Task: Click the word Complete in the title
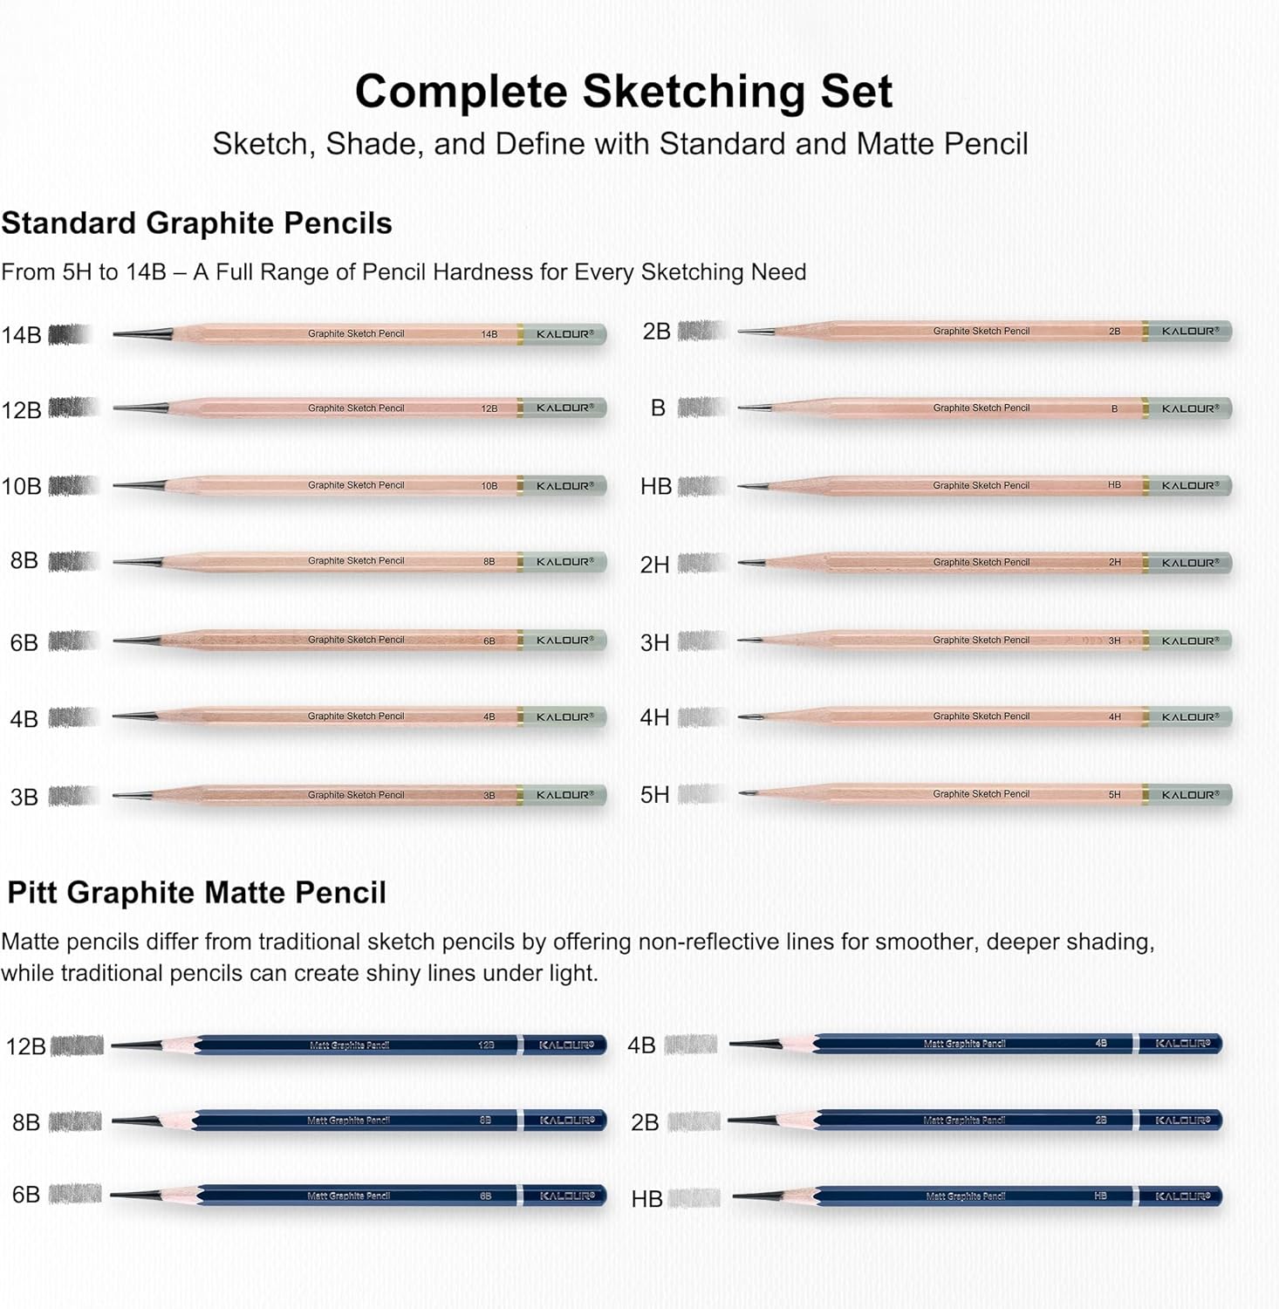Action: click(462, 92)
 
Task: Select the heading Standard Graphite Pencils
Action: click(196, 223)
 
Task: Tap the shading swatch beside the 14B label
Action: click(71, 334)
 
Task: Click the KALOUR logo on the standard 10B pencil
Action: click(564, 486)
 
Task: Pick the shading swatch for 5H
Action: click(701, 794)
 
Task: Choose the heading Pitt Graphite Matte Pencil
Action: click(196, 893)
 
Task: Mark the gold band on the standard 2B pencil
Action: click(1145, 332)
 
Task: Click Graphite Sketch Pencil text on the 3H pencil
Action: click(981, 641)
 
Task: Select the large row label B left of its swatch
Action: click(658, 408)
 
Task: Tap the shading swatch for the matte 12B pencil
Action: click(78, 1045)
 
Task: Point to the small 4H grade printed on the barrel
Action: click(1114, 717)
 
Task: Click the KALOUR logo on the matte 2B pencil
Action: click(1182, 1121)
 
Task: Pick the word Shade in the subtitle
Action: click(373, 144)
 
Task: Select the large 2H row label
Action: click(654, 565)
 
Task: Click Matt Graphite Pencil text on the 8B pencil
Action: click(348, 1121)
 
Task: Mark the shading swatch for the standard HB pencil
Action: click(701, 486)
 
